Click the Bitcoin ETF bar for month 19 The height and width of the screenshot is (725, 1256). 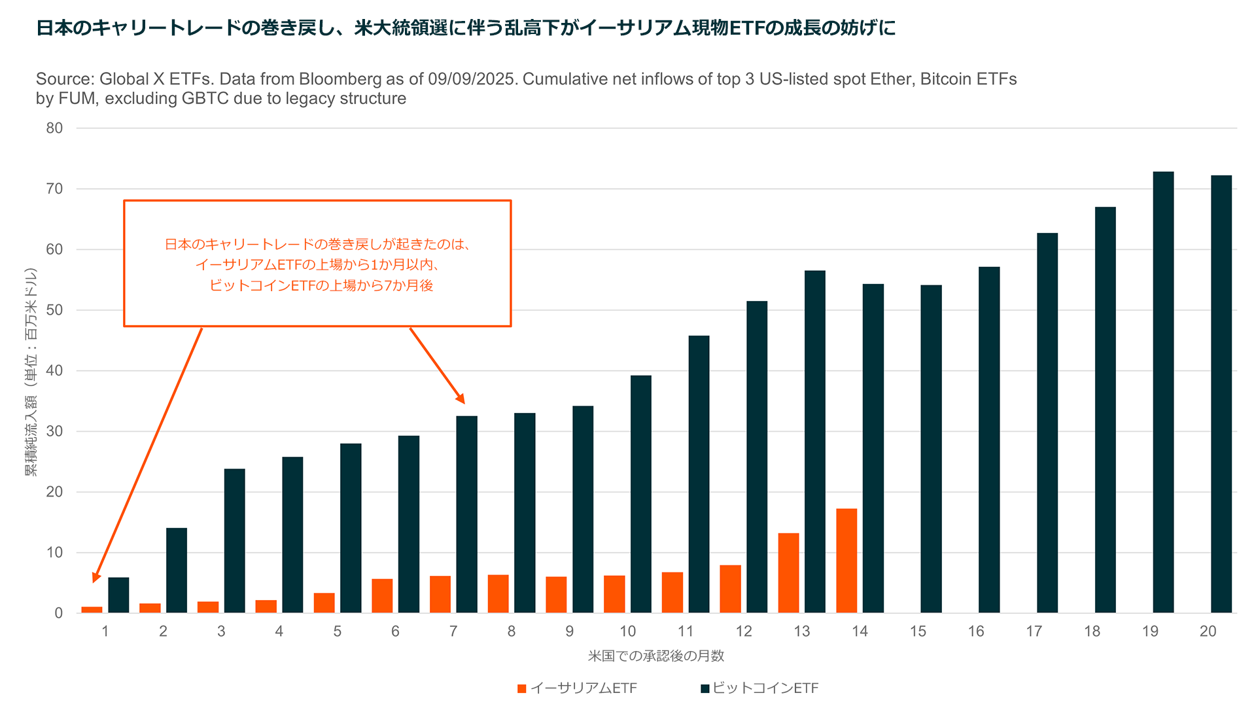(1163, 393)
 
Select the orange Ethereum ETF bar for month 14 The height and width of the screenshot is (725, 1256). (846, 561)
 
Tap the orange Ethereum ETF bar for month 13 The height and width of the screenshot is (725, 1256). (788, 573)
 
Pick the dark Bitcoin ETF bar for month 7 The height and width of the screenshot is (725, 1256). (466, 514)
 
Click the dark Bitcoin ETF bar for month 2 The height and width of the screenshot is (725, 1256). (177, 570)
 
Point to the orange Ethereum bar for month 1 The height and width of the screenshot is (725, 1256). (92, 610)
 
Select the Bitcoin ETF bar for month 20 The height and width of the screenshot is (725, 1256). (1221, 394)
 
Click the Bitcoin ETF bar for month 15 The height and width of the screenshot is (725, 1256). (931, 449)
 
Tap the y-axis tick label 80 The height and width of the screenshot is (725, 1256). (54, 128)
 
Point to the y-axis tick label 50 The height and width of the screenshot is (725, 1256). (54, 310)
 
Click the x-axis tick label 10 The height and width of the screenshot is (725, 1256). (627, 631)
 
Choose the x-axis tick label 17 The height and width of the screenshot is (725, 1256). (1034, 631)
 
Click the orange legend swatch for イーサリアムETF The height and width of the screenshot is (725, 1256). (521, 688)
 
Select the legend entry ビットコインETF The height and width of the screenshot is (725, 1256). (765, 688)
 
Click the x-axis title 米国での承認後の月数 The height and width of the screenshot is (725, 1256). (655, 656)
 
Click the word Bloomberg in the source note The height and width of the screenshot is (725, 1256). (340, 79)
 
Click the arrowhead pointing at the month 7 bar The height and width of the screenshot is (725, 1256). (461, 398)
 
